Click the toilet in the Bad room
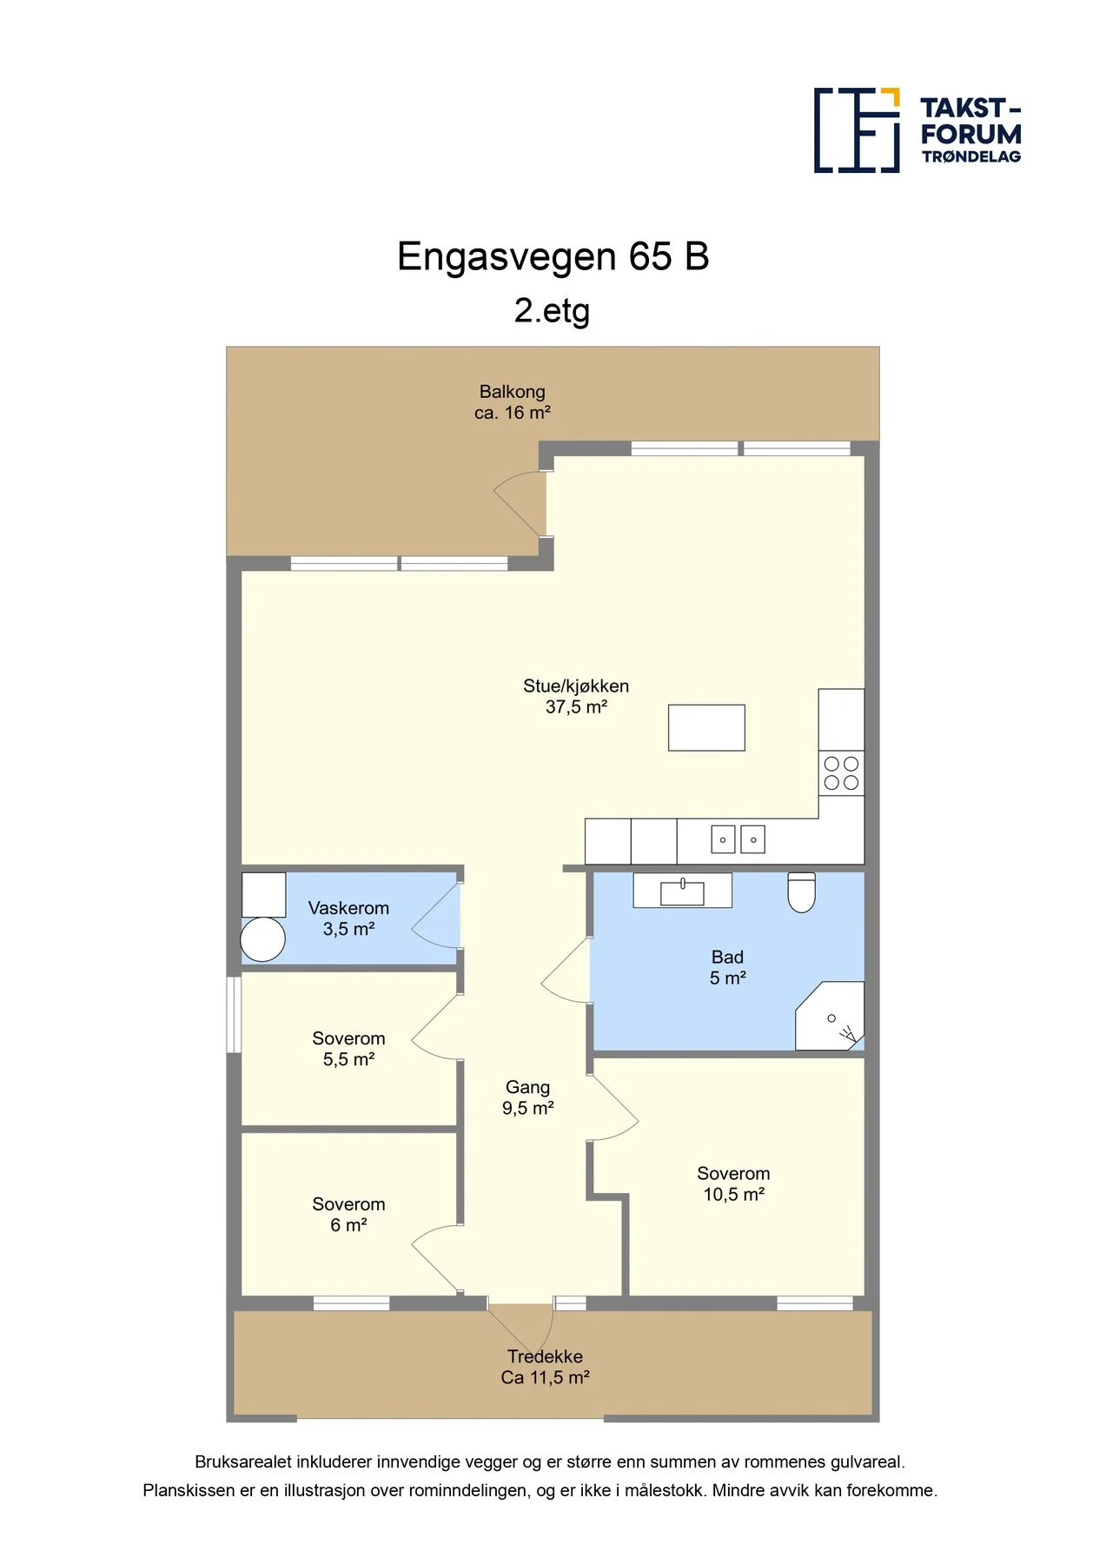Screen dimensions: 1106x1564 click(801, 892)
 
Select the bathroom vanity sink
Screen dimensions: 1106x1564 click(682, 891)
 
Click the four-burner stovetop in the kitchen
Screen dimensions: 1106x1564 click(841, 773)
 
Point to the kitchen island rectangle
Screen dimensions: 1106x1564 click(706, 727)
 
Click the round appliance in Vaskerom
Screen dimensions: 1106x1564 click(262, 939)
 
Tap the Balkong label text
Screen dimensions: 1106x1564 click(513, 392)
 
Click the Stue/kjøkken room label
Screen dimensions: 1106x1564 click(576, 697)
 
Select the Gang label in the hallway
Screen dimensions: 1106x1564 click(528, 1087)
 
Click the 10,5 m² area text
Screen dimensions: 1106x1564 click(734, 1195)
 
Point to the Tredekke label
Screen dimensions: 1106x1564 click(546, 1356)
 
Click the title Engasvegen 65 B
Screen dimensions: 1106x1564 click(553, 256)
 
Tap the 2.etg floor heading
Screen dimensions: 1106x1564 click(553, 311)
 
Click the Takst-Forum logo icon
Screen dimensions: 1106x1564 click(857, 130)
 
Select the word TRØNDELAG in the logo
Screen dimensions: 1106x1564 click(971, 157)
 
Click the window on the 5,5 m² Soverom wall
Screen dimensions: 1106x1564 click(234, 1015)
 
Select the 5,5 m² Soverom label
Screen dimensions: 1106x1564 click(349, 1049)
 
